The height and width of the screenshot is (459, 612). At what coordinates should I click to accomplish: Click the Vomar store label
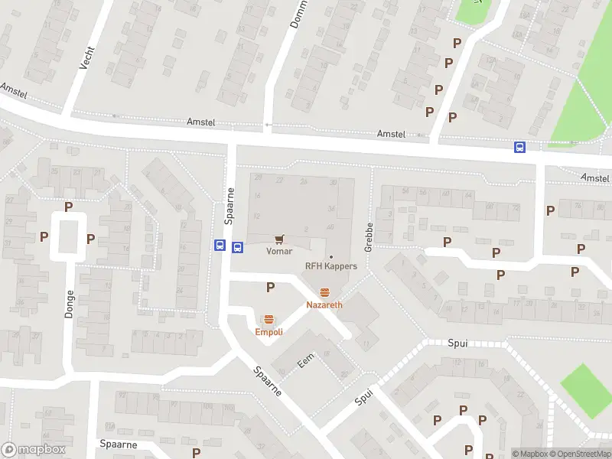tap(278, 251)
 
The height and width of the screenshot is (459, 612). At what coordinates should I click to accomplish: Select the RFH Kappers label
tap(330, 266)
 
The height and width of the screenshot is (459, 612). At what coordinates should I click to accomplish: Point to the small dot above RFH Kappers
tap(330, 256)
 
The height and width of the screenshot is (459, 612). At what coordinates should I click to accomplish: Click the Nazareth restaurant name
tap(324, 304)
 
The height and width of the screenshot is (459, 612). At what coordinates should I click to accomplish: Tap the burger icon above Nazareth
tap(324, 292)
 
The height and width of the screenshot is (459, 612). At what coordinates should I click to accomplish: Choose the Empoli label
tap(269, 332)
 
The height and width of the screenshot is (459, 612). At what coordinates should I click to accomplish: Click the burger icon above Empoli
tap(269, 320)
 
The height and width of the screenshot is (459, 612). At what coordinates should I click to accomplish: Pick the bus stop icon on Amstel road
tap(519, 148)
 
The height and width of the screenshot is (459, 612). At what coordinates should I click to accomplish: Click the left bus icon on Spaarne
tap(220, 246)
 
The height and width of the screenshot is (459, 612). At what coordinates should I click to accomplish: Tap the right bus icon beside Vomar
tap(238, 246)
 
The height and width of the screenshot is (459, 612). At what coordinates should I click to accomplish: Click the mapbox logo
tap(32, 450)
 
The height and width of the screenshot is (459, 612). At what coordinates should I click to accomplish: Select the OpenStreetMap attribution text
tap(581, 454)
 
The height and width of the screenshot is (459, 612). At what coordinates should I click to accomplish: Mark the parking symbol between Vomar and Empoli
tap(270, 287)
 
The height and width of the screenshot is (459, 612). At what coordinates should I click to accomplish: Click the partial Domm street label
tap(298, 14)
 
